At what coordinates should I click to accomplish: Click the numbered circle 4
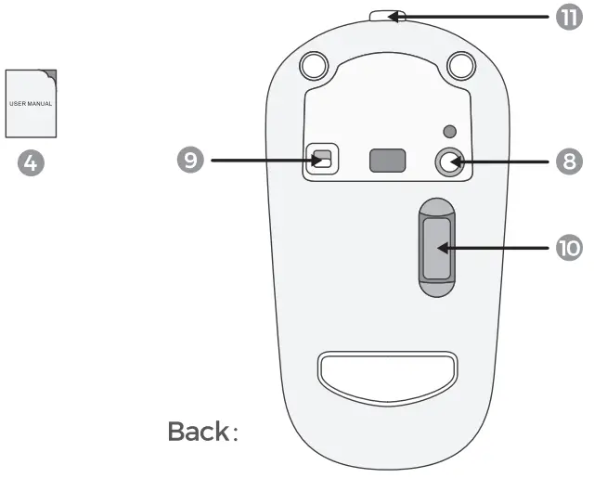[32, 163]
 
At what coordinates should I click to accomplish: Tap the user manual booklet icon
[32, 103]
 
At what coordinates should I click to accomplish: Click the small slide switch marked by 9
[322, 160]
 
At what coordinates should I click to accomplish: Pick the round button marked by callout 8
[449, 161]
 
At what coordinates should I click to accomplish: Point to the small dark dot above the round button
[451, 132]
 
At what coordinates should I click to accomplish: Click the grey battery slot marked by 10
[433, 246]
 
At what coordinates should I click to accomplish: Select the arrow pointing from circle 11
[473, 17]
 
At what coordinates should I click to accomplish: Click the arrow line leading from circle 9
[260, 161]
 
